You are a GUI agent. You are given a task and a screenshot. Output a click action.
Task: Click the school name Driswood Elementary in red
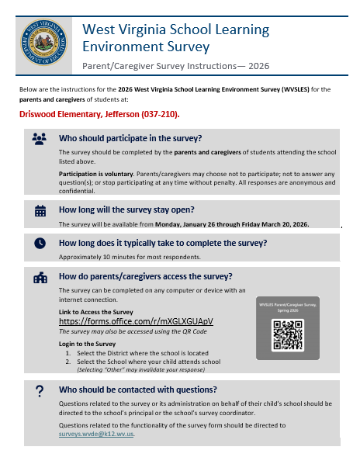click(x=58, y=114)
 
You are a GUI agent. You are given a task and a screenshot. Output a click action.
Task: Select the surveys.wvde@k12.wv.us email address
click(x=96, y=434)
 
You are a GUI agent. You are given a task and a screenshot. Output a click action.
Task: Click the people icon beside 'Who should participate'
click(x=40, y=138)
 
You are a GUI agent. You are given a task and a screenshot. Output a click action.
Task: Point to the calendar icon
click(x=40, y=210)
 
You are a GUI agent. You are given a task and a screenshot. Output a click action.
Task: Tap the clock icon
click(x=40, y=243)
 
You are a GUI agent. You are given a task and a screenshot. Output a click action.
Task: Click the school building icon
click(x=40, y=277)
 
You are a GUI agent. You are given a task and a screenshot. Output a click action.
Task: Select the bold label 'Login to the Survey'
click(x=88, y=343)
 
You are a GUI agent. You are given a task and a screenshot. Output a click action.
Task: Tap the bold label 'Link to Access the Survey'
click(x=96, y=311)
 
